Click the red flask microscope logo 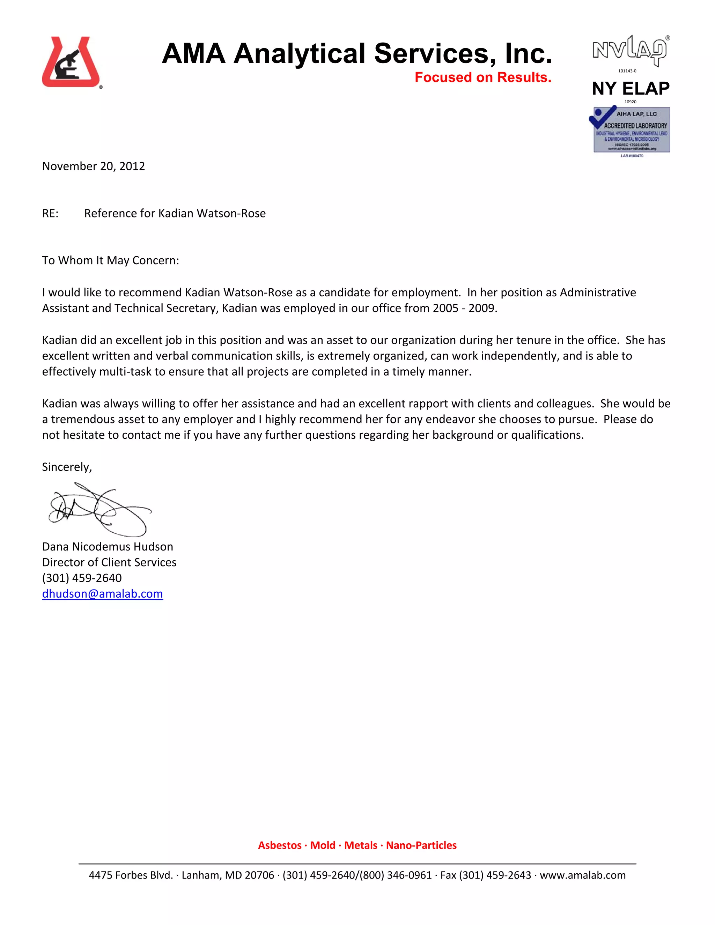coord(71,62)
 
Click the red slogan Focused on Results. coord(482,77)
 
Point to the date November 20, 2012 coord(94,166)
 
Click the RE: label coord(50,214)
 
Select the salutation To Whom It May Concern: coord(111,260)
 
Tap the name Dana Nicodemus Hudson coord(108,547)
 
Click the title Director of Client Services coord(109,562)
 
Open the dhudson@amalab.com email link coord(103,594)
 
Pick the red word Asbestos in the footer coord(280,845)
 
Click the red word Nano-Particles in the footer coord(421,845)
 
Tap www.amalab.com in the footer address coord(582,875)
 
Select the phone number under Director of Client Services coord(82,578)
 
